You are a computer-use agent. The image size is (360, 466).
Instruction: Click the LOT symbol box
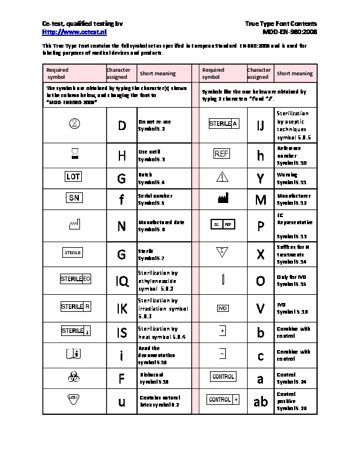(x=74, y=177)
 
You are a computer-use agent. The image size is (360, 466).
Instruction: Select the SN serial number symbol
(x=74, y=198)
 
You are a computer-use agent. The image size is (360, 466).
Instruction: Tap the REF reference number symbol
(x=221, y=154)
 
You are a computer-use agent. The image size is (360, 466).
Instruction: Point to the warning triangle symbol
(x=222, y=177)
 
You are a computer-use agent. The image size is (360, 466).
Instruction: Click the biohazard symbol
(x=74, y=376)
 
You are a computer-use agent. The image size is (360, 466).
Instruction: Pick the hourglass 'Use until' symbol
(x=74, y=154)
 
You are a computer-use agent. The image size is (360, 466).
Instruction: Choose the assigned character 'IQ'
(x=122, y=281)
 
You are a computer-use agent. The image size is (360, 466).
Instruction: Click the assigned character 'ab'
(x=260, y=401)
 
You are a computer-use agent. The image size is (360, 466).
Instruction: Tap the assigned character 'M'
(x=261, y=200)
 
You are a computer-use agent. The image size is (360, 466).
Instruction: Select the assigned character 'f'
(x=121, y=200)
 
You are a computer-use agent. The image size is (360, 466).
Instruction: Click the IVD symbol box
(x=222, y=308)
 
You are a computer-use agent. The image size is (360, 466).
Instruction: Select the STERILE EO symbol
(x=75, y=279)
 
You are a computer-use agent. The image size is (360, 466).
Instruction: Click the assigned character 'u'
(x=122, y=401)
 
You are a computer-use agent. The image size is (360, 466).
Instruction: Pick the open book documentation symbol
(x=74, y=353)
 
